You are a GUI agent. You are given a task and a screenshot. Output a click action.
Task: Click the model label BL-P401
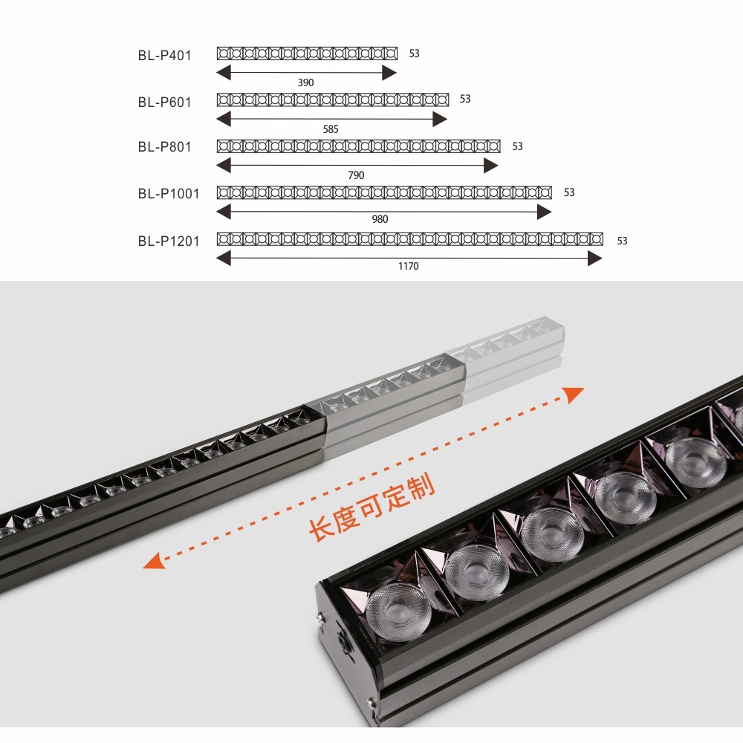tap(164, 56)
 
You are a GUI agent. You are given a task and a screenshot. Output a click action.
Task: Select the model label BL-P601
tap(164, 103)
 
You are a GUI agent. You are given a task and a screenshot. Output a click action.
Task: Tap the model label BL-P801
tap(164, 147)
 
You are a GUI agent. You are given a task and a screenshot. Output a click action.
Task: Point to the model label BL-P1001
tap(169, 194)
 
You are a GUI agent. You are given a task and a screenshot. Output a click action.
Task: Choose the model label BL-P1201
tap(169, 241)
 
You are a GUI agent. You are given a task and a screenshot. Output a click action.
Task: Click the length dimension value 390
tap(305, 82)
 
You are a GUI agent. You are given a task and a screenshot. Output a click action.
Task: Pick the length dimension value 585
tap(331, 129)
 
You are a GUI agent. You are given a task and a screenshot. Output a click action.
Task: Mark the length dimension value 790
tap(356, 175)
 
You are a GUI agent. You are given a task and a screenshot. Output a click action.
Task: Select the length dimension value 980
tap(380, 219)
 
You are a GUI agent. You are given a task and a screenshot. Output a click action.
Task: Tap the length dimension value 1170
tap(409, 266)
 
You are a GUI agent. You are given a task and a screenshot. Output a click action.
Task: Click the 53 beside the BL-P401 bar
tap(414, 53)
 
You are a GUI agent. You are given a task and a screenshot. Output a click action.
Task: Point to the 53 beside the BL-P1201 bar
tap(622, 241)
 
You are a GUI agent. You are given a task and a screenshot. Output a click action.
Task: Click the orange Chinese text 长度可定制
tap(371, 507)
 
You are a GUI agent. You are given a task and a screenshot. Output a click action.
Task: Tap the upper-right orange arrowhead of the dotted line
tap(574, 394)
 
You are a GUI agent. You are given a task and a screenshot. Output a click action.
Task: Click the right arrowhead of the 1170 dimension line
tap(594, 259)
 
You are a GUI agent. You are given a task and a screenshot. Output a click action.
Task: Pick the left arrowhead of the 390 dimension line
tap(224, 73)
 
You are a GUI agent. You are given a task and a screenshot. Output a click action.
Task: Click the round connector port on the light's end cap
tap(343, 643)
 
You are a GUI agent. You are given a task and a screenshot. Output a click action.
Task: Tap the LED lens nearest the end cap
tap(399, 611)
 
